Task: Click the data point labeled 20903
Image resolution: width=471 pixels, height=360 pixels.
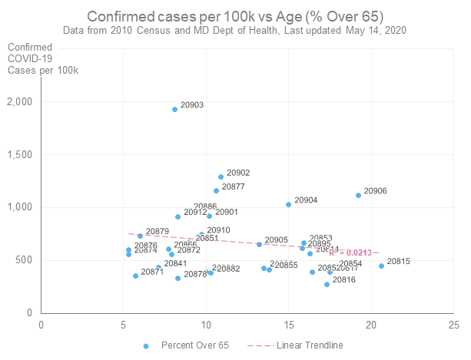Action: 175,109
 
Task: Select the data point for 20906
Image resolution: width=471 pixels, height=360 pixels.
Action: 358,195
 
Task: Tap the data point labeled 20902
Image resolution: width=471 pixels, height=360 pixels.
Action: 221,177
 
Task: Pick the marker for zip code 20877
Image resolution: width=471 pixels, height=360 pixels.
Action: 216,190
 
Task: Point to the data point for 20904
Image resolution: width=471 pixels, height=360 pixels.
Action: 288,204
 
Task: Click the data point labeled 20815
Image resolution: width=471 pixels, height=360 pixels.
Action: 381,266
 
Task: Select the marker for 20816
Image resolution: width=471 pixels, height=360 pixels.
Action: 327,284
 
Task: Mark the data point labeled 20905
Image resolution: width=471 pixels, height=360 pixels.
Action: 259,244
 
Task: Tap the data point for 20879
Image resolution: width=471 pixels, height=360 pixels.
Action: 140,236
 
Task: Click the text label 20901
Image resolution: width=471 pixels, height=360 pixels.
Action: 227,212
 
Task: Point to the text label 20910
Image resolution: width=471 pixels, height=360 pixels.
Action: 218,230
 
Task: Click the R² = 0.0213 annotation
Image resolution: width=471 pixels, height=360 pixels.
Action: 350,253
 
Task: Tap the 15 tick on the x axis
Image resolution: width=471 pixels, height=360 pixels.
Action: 289,323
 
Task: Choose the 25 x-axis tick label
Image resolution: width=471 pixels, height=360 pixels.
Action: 455,323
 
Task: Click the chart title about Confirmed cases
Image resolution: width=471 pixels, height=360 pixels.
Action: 235,16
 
